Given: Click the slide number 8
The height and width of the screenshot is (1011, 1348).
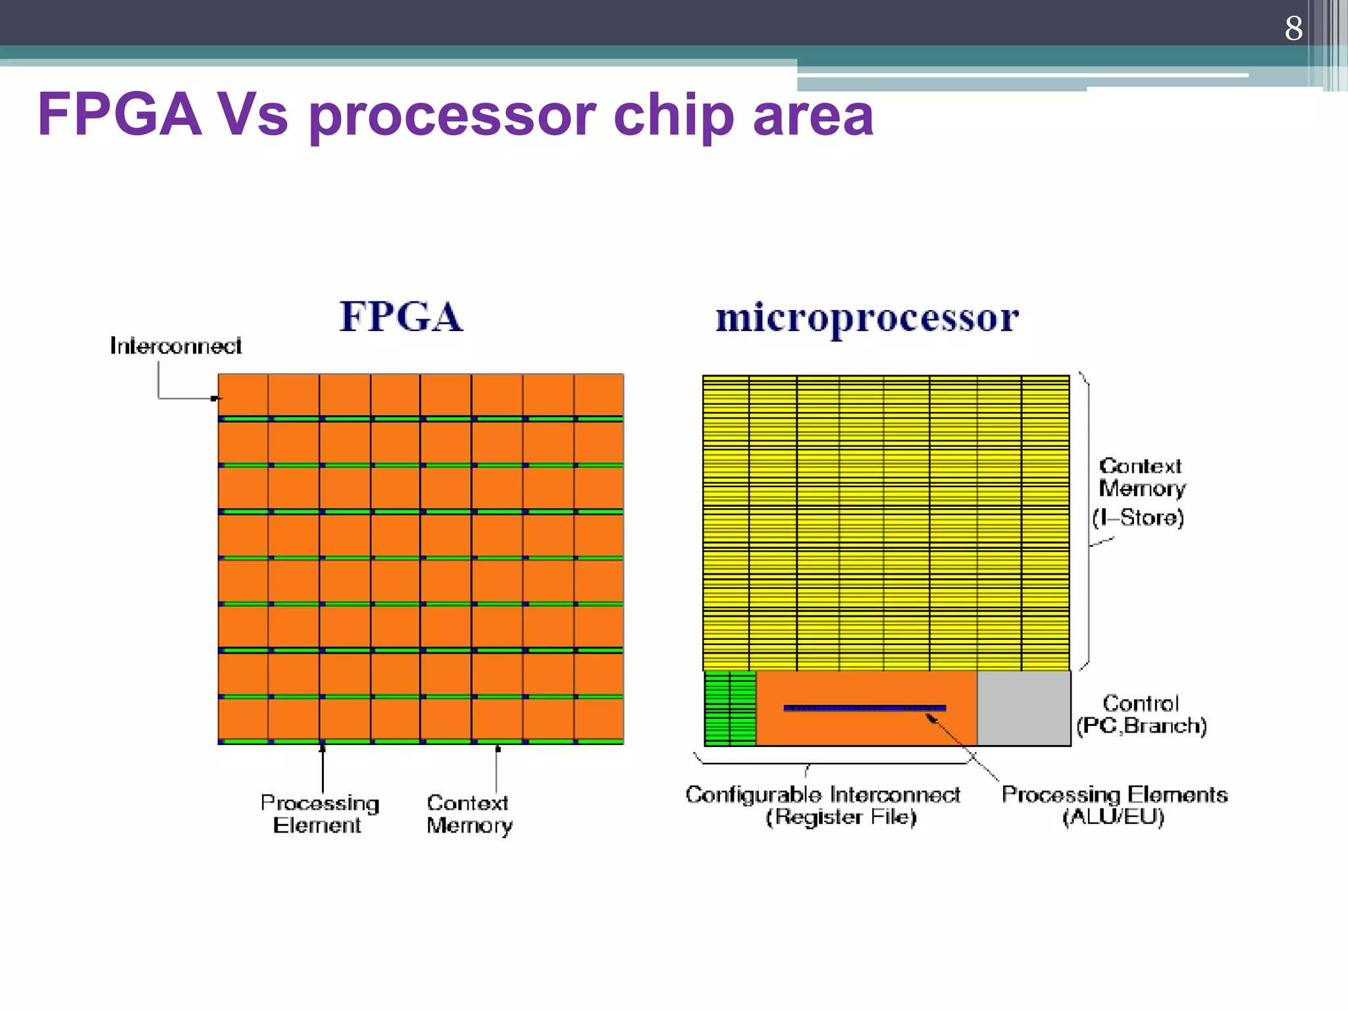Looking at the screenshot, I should click(1293, 28).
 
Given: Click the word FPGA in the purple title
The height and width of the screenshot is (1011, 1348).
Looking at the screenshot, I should click(119, 115).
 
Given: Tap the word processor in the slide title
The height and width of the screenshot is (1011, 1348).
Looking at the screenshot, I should click(452, 115).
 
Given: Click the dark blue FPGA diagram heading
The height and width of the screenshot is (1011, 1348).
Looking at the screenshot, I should click(401, 317).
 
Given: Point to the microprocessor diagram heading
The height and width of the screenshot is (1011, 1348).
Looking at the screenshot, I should click(867, 319).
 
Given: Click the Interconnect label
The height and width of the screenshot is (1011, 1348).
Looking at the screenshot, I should click(175, 346).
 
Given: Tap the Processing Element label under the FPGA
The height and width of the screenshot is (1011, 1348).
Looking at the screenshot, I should click(319, 814).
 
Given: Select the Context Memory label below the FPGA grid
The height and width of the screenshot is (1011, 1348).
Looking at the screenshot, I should click(469, 814).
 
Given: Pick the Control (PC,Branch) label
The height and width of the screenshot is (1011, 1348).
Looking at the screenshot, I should click(1141, 715).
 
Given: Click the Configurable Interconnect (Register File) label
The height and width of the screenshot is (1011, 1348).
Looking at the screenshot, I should click(823, 806).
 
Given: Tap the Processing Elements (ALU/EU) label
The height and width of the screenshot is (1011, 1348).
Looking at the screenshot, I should click(1114, 806).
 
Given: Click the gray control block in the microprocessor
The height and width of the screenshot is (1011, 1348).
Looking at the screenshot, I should click(1024, 708).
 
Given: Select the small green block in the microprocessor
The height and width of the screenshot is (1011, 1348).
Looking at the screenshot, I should click(730, 708).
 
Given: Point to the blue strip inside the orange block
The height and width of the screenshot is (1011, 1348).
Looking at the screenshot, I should click(864, 708).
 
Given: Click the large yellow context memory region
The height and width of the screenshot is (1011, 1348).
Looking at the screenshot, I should click(885, 523).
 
